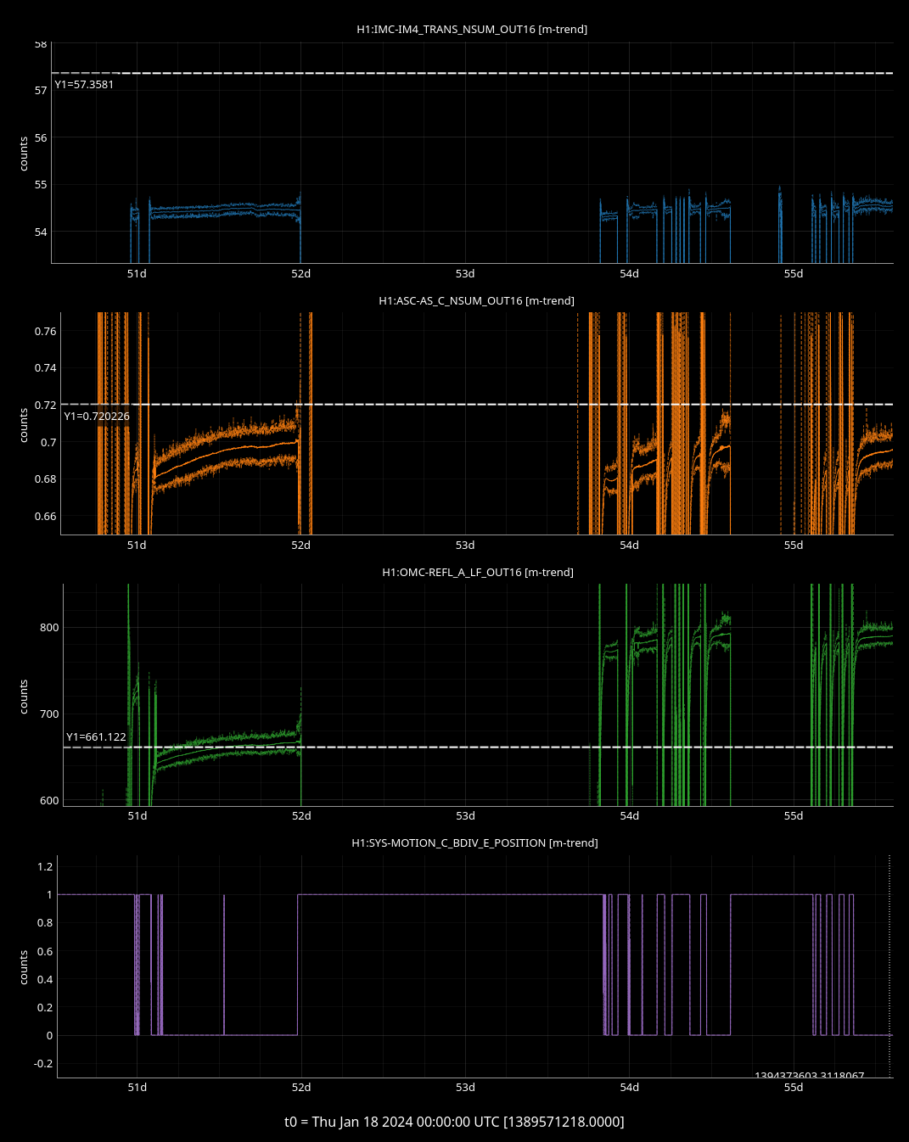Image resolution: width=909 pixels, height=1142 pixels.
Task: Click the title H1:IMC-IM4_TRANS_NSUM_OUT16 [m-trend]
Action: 472,30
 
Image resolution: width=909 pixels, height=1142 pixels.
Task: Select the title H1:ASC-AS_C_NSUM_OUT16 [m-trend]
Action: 476,301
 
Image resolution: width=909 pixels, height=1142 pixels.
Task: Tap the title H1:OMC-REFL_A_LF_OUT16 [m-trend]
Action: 477,573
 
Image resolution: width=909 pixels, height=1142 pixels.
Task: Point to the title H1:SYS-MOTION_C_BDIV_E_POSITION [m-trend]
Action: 474,843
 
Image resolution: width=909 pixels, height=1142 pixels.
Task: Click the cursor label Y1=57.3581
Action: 84,85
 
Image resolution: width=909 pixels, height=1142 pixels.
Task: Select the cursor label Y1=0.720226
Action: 97,417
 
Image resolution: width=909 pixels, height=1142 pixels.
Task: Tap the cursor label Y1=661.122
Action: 96,737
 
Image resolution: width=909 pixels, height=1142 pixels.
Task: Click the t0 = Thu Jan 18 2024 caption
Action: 454,1122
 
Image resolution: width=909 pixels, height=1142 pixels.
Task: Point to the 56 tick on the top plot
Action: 41,137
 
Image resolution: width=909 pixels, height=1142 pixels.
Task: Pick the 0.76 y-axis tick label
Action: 46,332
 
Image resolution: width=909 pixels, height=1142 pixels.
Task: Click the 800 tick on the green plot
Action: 49,628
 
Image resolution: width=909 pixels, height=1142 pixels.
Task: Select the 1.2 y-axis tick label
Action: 44,866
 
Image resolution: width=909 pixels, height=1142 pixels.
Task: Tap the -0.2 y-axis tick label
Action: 42,1064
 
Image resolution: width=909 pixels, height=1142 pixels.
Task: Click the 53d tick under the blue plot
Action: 465,274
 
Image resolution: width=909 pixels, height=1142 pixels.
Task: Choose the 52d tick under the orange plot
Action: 301,546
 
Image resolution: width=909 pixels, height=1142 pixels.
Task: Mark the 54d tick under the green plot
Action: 629,816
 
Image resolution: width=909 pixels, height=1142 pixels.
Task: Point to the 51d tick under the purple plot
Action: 137,1088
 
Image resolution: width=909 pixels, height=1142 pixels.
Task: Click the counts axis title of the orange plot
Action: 24,425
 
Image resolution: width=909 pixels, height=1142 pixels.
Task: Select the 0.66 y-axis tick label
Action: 46,517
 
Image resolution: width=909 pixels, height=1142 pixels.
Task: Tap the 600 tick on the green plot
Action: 49,801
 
